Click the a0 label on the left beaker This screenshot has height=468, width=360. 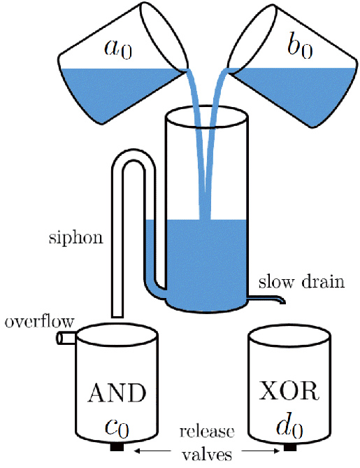coord(118,49)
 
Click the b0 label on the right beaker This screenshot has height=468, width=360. coord(300,48)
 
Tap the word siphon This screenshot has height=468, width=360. coord(75,238)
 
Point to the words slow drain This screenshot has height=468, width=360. coord(301,282)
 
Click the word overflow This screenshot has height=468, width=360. coord(39,322)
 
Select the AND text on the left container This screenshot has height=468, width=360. coord(117,393)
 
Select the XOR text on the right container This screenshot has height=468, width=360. coord(289,391)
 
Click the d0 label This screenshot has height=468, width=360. coord(289,427)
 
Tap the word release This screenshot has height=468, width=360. coord(207,432)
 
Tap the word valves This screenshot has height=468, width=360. coord(207,454)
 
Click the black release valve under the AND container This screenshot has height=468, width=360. coord(117,447)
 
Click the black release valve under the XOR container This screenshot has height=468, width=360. coord(290,447)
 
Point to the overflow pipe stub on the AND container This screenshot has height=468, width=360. coord(67,339)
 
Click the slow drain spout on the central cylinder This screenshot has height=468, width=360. coord(266,299)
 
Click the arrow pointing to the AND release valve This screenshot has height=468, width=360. coord(152,451)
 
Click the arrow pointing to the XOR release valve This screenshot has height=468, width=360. coord(260,451)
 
